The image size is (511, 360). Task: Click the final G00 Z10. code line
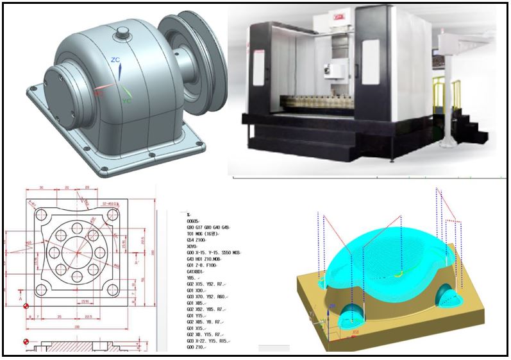[x=197, y=347]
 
